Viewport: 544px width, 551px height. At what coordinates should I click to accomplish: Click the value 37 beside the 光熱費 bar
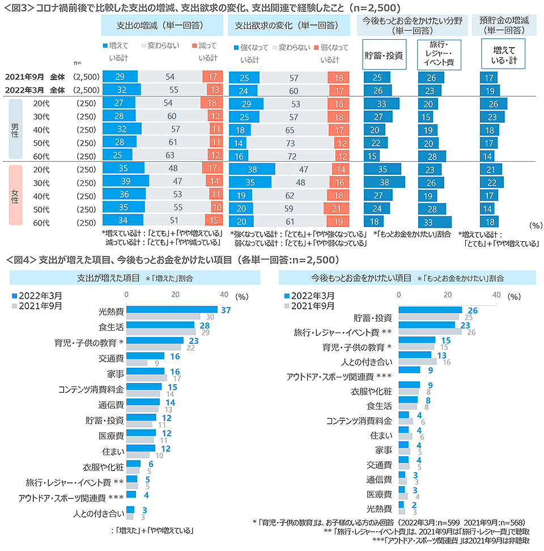pyautogui.click(x=226, y=310)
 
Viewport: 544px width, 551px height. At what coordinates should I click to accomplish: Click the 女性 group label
pyautogui.click(x=15, y=195)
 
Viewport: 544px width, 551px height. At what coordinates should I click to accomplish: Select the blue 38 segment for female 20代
pyautogui.click(x=252, y=169)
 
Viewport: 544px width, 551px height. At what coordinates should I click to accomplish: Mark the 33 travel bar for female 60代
pyautogui.click(x=435, y=221)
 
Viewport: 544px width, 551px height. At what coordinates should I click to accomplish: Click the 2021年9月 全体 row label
pyautogui.click(x=35, y=77)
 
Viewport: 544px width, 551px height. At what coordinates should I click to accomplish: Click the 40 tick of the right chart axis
pyautogui.click(x=496, y=295)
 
